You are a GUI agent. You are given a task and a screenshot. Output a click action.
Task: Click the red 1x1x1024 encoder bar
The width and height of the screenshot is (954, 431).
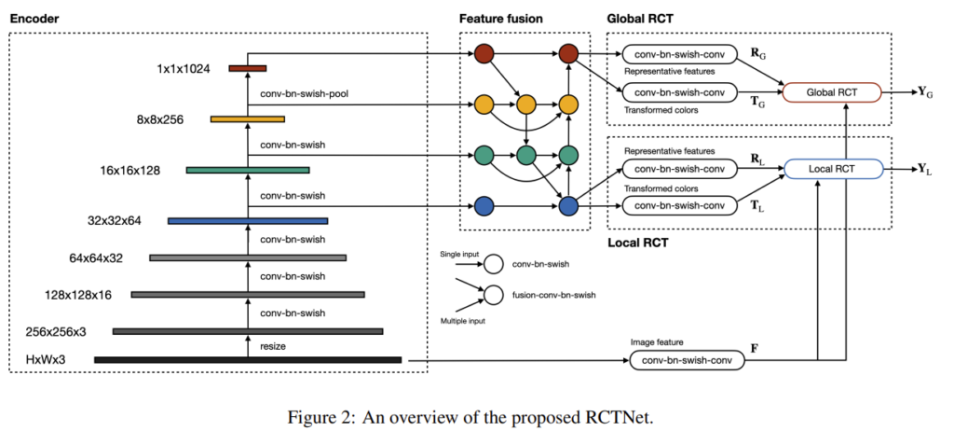pyautogui.click(x=248, y=67)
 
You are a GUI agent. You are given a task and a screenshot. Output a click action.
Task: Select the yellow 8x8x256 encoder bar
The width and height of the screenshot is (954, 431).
pyautogui.click(x=246, y=118)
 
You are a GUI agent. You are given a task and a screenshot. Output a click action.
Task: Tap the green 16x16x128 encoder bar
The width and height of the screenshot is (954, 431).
pyautogui.click(x=248, y=170)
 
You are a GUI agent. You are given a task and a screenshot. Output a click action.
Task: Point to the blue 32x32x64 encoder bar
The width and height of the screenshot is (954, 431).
pyautogui.click(x=248, y=221)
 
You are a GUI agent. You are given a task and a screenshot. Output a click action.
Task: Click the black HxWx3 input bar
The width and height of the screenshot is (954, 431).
pyautogui.click(x=248, y=359)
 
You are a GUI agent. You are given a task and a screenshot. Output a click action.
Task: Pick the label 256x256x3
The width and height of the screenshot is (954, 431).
pyautogui.click(x=57, y=331)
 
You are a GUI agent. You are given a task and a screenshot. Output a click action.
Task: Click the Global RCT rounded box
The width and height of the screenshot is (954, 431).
pyautogui.click(x=833, y=92)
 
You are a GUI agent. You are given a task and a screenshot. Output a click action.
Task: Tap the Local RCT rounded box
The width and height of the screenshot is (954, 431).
pyautogui.click(x=833, y=169)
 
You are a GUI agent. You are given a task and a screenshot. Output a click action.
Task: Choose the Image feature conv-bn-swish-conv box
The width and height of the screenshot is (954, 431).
pyautogui.click(x=688, y=360)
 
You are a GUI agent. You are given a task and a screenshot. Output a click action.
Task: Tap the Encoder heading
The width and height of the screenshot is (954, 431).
pyautogui.click(x=34, y=19)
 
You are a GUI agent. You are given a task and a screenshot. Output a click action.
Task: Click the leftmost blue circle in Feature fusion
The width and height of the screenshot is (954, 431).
pyautogui.click(x=483, y=206)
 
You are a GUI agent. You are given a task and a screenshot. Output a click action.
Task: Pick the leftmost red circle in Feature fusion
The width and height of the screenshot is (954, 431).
pyautogui.click(x=483, y=55)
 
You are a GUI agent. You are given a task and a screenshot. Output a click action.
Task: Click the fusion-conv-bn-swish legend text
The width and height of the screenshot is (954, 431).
pyautogui.click(x=554, y=295)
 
